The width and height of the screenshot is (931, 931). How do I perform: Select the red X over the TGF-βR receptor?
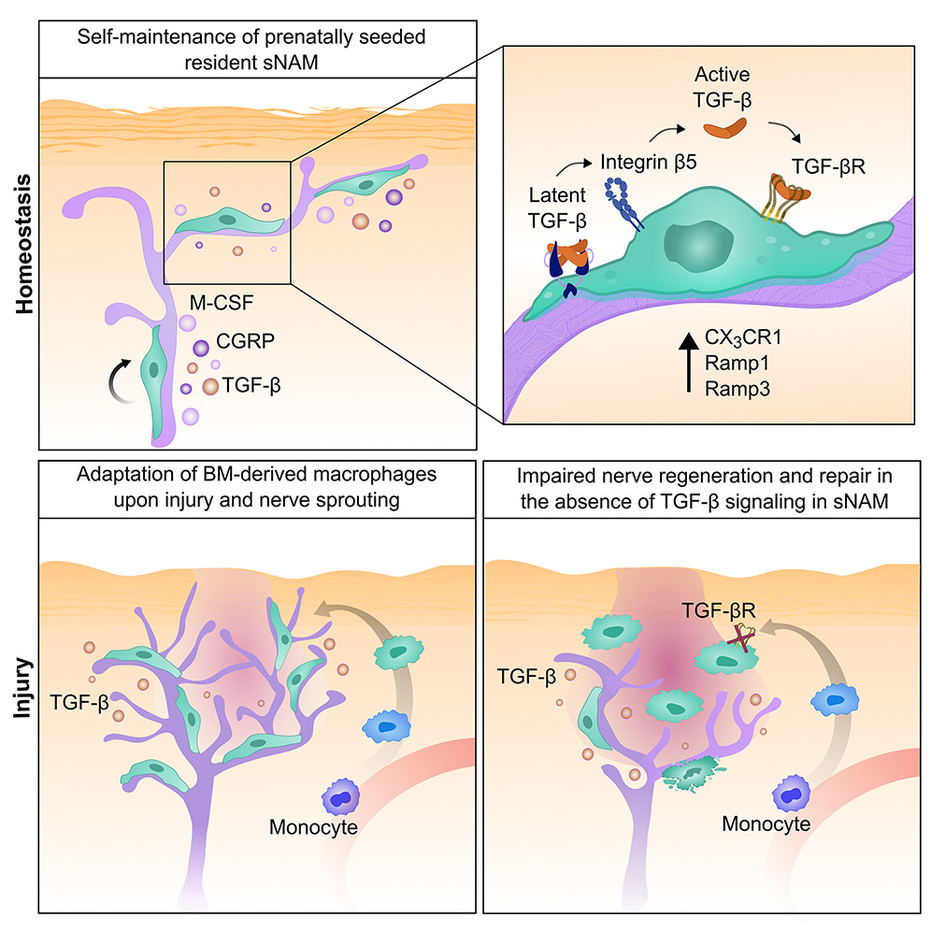tap(742, 637)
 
